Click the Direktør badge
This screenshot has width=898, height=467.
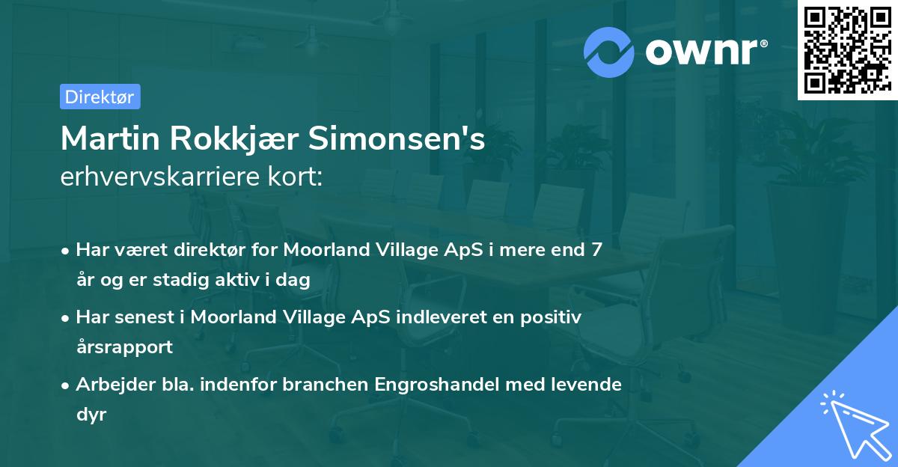(100, 97)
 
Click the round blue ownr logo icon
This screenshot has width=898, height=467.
(610, 52)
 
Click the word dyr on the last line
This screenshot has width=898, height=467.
(91, 415)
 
